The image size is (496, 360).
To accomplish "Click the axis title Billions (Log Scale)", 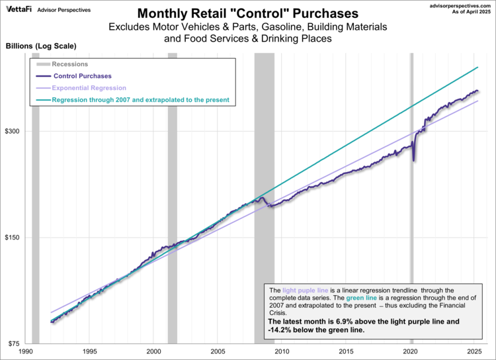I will pos(40,46).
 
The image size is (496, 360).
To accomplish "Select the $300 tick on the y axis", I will pos(15,131).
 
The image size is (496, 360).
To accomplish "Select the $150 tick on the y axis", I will pos(15,238).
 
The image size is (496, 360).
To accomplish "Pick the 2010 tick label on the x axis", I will pos(282,352).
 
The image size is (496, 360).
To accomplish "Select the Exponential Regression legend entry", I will pos(89,88).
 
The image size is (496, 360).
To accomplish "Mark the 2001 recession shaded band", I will pos(172,199).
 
